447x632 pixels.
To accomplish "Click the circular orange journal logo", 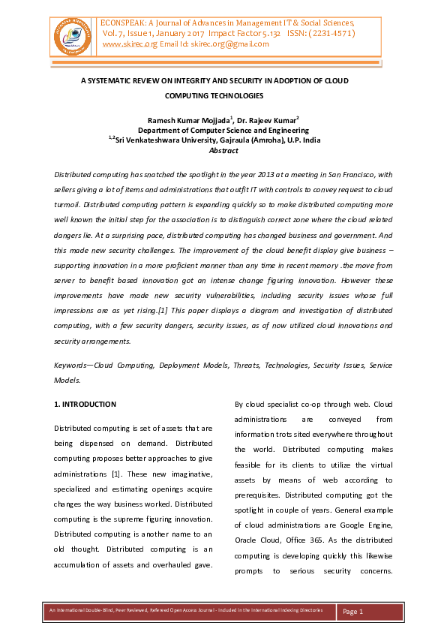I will point(73,34).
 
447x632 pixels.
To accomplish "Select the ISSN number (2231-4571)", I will point(325,34).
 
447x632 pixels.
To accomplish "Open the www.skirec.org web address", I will point(129,44).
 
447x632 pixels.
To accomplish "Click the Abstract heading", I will point(223,150).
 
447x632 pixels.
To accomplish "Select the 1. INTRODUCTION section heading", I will point(85,404).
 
